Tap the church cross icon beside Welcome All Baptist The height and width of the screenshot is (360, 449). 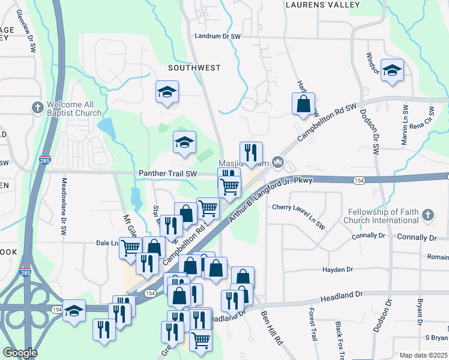36,107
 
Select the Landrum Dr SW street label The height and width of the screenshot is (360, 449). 218,37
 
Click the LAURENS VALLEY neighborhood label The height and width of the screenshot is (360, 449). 322,5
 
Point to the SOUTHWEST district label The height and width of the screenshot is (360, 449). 194,68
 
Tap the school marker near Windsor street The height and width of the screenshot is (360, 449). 392,71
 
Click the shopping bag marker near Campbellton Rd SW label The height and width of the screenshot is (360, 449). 304,104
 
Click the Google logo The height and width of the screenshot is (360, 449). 20,353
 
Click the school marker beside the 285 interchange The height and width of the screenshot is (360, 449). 74,311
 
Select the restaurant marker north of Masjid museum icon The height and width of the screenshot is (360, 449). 251,152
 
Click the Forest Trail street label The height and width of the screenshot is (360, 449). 312,325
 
